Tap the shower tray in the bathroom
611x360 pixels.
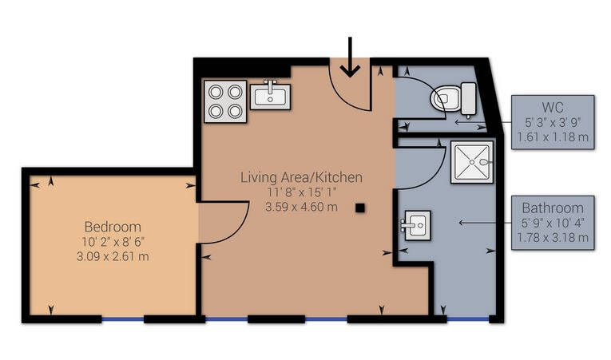[472, 162]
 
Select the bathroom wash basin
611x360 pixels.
[416, 225]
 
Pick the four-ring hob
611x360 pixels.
[225, 101]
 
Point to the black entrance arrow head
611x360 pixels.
[350, 70]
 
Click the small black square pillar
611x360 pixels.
[360, 208]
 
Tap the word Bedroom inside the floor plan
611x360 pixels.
[113, 227]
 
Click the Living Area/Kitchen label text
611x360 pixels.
[301, 177]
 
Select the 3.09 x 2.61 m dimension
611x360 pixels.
[113, 256]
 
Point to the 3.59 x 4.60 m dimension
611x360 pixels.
[301, 207]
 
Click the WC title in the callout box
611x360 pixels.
[553, 107]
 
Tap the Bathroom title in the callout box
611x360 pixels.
[553, 208]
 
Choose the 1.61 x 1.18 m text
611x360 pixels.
[553, 137]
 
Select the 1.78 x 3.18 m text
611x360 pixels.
[553, 237]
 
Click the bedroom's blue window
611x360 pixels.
[123, 319]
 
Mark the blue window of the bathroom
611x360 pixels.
[467, 319]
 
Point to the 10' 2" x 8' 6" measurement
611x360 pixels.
[113, 242]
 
